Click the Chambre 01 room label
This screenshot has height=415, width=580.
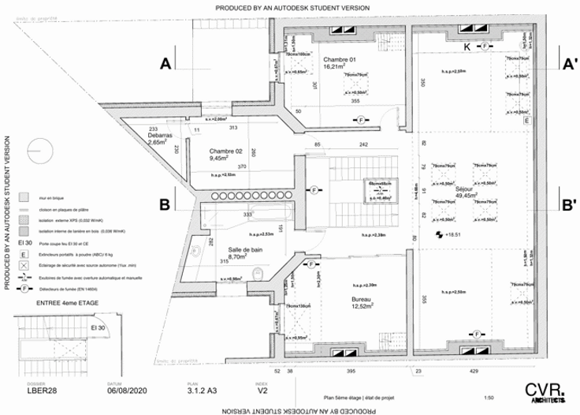[x=340, y=61]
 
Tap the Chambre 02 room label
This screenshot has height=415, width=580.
[x=225, y=150]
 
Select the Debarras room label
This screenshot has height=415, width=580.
[x=158, y=136]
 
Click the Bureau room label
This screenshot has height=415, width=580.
[x=362, y=300]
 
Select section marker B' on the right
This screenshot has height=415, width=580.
[x=567, y=204]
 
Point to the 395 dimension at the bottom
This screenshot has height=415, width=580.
[x=351, y=370]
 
